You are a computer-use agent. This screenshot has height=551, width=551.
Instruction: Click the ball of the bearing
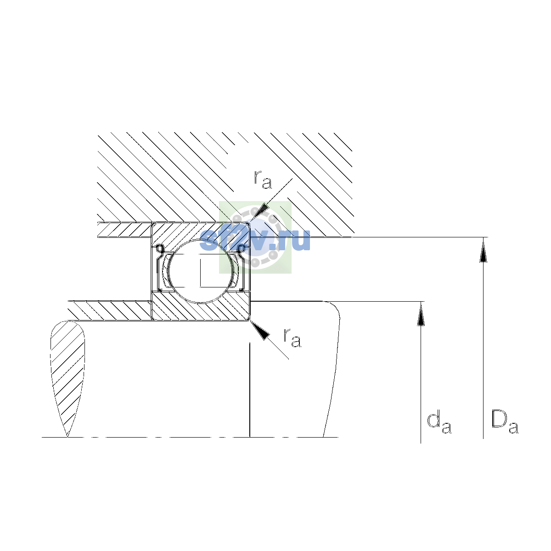pos(201,271)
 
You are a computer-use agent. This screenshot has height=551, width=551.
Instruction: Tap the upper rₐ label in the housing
pos(263,180)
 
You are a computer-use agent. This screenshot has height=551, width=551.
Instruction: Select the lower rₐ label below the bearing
pos(292,337)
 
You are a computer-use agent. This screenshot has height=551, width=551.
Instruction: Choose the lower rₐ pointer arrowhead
pos(260,330)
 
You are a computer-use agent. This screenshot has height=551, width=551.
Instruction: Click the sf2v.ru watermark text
pos(255,240)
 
